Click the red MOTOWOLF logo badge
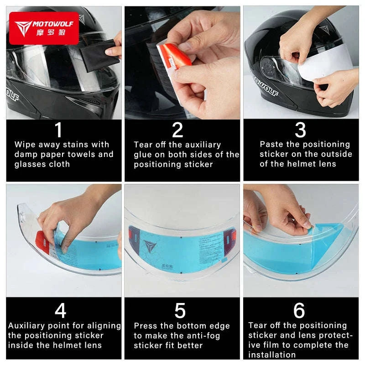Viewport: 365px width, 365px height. (44, 27)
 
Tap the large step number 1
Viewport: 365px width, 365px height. (58, 130)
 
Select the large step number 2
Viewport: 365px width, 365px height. (177, 130)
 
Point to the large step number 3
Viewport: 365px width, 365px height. (300, 130)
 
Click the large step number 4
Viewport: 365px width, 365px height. (60, 311)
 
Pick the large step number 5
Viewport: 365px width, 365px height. (180, 311)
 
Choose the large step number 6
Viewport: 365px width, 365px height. (299, 311)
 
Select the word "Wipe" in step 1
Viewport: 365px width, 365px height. (25, 145)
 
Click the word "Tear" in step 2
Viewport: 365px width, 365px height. (143, 145)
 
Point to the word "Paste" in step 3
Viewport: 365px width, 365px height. (272, 144)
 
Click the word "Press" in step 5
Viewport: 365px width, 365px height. (146, 326)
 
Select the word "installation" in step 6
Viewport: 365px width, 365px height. (272, 355)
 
